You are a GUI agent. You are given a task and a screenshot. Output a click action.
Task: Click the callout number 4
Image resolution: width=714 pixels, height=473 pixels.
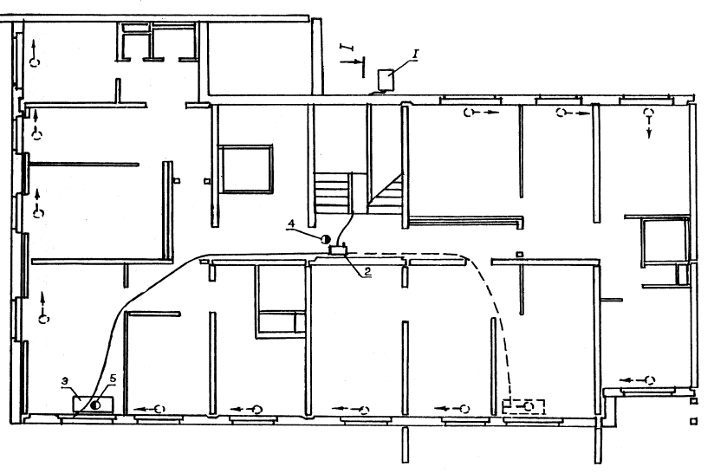(x=291, y=224)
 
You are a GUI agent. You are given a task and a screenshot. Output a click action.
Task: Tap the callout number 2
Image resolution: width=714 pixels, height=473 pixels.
(x=367, y=272)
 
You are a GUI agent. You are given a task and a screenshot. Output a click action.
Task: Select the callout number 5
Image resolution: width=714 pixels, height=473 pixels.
(x=113, y=379)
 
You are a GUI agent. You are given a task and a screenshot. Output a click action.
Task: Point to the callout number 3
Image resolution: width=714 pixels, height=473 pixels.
(x=66, y=381)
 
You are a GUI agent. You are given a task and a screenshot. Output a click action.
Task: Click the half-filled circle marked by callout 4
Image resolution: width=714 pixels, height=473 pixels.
(x=325, y=239)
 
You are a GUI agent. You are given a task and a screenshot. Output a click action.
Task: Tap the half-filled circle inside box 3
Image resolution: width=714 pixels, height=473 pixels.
(x=95, y=405)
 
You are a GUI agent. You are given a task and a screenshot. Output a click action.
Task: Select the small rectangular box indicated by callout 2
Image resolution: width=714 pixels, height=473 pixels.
(x=338, y=249)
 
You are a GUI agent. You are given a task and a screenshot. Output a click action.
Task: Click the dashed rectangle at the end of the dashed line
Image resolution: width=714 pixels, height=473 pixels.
(x=523, y=406)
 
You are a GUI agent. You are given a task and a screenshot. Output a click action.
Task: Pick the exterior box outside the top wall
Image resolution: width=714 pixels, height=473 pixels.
(x=387, y=79)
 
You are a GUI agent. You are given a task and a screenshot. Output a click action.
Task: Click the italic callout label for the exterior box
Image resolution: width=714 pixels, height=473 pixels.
(x=415, y=55)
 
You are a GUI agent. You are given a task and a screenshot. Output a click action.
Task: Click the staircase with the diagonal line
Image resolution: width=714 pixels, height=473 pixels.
(x=385, y=192)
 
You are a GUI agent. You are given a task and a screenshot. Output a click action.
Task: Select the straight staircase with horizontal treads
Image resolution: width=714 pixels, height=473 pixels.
(x=333, y=192)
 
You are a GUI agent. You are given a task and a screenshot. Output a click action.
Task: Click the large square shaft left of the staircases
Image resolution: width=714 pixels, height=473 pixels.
(x=245, y=169)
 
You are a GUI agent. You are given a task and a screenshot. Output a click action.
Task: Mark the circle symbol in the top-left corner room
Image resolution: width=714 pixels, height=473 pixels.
(x=35, y=62)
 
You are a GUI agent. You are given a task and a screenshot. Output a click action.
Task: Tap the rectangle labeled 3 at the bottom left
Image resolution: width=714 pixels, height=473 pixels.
(x=94, y=405)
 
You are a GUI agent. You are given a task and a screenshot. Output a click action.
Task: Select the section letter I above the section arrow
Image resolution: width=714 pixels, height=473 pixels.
(x=347, y=48)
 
